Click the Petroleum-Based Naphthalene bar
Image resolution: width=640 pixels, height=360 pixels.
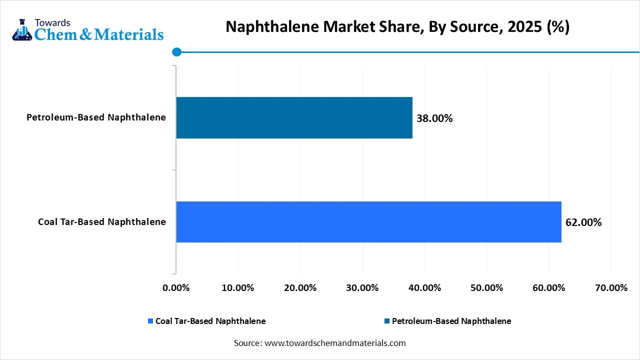[x=294, y=117]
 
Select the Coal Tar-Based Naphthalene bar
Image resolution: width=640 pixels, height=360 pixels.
[x=368, y=222]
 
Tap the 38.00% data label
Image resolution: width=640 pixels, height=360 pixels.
[x=434, y=118]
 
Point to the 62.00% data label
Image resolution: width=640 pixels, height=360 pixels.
[x=583, y=222]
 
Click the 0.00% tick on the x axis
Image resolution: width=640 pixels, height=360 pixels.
[x=176, y=288]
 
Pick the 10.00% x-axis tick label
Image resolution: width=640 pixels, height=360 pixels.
[x=238, y=288]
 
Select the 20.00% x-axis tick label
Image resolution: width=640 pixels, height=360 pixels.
[x=300, y=288]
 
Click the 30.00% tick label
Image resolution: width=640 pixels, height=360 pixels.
[x=362, y=288]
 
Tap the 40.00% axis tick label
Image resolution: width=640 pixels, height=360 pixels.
[x=424, y=288]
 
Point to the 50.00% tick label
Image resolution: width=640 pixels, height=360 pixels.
[x=486, y=288]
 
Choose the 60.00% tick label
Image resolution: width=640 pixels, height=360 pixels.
[x=549, y=288]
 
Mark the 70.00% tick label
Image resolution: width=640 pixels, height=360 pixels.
[x=611, y=288]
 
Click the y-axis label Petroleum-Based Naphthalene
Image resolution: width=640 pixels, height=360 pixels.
[x=96, y=117]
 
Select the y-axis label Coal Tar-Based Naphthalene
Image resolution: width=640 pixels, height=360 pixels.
[x=102, y=222]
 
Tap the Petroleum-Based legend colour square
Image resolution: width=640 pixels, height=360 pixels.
[x=387, y=321]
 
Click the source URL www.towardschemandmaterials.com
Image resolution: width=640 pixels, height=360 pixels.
[x=334, y=343]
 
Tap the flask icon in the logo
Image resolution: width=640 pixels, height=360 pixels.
[x=21, y=30]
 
